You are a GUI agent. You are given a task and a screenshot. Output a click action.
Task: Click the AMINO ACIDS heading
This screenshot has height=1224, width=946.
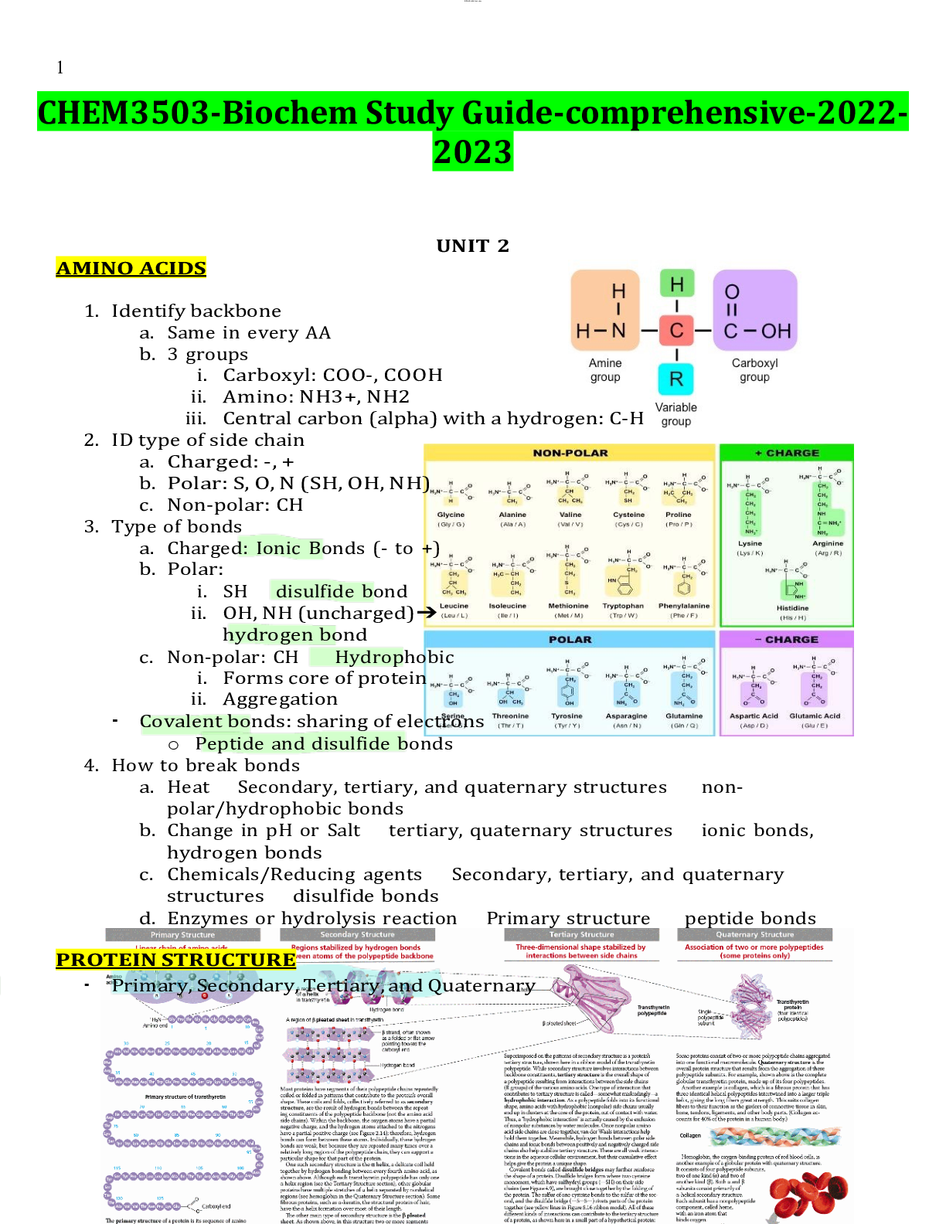[x=131, y=268]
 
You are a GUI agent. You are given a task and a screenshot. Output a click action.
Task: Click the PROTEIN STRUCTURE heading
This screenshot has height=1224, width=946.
[x=175, y=960]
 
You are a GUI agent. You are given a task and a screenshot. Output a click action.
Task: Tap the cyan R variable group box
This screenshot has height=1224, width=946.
[x=676, y=379]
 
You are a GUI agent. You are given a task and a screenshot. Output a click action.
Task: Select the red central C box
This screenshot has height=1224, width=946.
[x=676, y=331]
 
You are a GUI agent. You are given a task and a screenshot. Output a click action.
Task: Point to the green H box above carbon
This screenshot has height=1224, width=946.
[x=677, y=284]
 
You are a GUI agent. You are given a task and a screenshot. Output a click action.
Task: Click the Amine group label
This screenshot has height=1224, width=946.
[x=605, y=370]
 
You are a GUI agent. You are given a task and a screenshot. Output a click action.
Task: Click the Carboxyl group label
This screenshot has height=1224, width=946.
[x=754, y=370]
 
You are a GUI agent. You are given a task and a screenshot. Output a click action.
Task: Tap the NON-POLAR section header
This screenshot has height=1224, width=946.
[x=570, y=453]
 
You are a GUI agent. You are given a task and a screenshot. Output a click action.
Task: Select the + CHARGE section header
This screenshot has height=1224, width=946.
[x=787, y=453]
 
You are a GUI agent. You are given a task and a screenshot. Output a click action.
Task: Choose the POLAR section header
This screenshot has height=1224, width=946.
[x=570, y=640]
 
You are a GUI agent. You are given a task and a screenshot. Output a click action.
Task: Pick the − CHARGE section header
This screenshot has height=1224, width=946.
[x=787, y=640]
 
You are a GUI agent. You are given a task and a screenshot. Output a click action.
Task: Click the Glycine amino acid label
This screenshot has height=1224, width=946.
[x=451, y=515]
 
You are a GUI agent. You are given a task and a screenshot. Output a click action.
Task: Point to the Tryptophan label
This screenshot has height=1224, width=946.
[x=623, y=606]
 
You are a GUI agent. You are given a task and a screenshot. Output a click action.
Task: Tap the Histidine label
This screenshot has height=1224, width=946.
[x=793, y=608]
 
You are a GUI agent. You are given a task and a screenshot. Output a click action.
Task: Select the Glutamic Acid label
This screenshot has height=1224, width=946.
[x=815, y=716]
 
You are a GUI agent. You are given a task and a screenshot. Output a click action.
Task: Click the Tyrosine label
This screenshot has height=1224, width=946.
[x=567, y=716]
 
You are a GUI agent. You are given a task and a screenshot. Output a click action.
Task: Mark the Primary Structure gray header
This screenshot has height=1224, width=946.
[x=182, y=935]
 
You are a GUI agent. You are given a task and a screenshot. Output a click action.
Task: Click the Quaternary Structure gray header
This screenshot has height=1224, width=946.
[x=754, y=935]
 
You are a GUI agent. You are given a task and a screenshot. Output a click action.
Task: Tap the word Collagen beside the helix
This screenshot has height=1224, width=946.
[x=690, y=1136]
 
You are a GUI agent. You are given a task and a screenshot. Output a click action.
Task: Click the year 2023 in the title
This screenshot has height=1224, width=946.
[x=473, y=151]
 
